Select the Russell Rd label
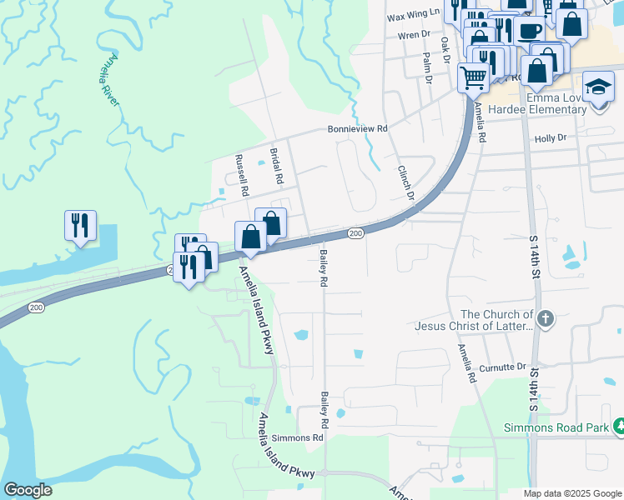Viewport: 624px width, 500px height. tap(242, 175)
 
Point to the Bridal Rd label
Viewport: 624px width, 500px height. tap(277, 167)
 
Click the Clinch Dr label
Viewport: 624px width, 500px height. tap(405, 181)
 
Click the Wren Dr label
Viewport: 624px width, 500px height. tap(413, 36)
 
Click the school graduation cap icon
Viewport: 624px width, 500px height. tap(598, 87)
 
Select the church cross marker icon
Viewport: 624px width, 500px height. tap(545, 317)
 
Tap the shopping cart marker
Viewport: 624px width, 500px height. tap(473, 77)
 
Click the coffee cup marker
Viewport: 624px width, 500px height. tap(528, 31)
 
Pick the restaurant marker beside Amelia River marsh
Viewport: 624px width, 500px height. tap(80, 225)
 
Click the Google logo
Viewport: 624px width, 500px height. tap(28, 490)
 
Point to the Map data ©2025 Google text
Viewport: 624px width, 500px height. tap(572, 493)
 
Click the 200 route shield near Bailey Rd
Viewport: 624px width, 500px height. tap(356, 233)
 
